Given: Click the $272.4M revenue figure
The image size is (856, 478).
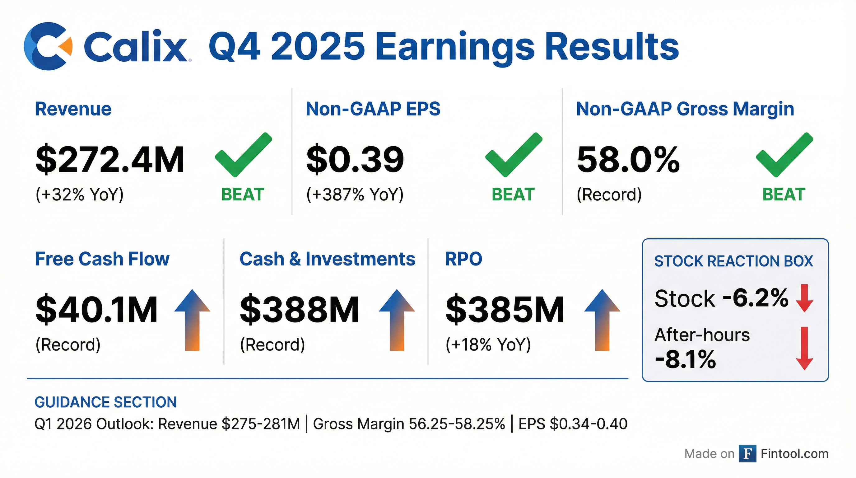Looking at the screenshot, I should pos(110,160).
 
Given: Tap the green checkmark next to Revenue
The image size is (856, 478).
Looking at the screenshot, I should pos(244,155).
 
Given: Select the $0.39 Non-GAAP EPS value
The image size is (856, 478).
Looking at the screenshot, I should pos(355,160).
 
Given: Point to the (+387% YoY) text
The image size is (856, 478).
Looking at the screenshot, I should pos(355,194).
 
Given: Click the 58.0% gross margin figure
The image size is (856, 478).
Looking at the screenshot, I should pos(628,160).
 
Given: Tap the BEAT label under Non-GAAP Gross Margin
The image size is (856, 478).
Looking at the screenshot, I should pos(784,194).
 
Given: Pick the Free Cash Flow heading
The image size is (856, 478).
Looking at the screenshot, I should pos(102,259).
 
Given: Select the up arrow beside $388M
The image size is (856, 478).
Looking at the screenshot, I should pos(397,320).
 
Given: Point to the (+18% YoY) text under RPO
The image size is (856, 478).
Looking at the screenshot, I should pos(488,345).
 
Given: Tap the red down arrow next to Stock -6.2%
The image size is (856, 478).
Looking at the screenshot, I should pos(804,298).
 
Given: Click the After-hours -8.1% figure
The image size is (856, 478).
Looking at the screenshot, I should pos(686,360).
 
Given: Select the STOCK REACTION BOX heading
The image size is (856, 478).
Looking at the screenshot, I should pos(733,261).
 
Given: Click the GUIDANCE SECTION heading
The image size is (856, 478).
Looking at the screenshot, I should pos(106,402).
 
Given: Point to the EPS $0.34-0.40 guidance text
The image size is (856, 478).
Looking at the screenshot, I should pos(573,424).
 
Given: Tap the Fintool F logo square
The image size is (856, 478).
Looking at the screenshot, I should pos(747,454).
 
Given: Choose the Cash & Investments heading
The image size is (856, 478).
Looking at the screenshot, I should pos(327,259).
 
